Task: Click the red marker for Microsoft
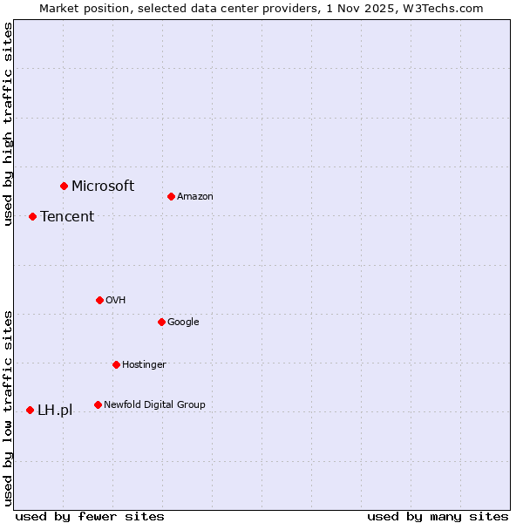click(64, 186)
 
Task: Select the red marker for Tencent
click(32, 216)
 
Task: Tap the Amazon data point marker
click(171, 196)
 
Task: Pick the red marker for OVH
click(99, 300)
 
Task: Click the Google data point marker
click(161, 322)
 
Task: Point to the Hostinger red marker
click(116, 364)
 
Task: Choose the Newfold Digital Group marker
click(98, 404)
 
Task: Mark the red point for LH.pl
click(30, 410)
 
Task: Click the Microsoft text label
click(103, 186)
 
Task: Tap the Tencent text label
click(67, 217)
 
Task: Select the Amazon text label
click(194, 197)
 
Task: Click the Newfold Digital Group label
click(154, 404)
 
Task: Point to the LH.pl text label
click(55, 411)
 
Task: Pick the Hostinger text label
click(144, 364)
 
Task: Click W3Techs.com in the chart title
click(447, 8)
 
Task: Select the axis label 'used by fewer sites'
click(90, 516)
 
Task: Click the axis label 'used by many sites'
click(438, 516)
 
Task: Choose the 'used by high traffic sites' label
click(8, 124)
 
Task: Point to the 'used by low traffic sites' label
click(8, 408)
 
